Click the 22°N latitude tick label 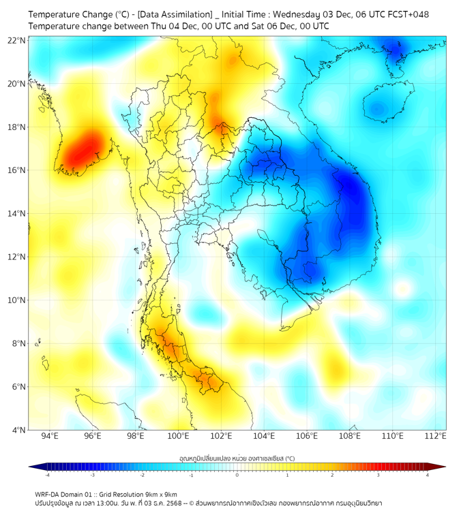pos(17,40)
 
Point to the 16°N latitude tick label pos(17,170)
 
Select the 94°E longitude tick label pos(50,436)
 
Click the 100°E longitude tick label pos(179,436)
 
